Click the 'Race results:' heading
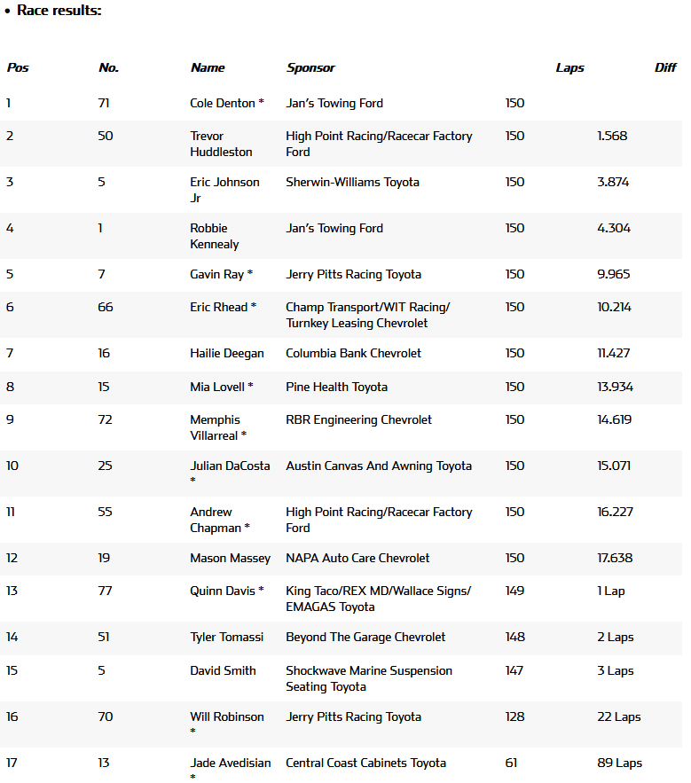[x=59, y=11]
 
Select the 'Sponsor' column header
[x=310, y=67]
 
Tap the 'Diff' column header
[x=665, y=67]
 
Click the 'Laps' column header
[x=569, y=67]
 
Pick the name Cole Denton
[x=223, y=103]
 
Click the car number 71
[x=104, y=103]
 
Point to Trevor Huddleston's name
[x=221, y=144]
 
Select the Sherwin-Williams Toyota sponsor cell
[x=352, y=182]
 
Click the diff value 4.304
[x=614, y=228]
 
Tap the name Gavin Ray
[x=217, y=274]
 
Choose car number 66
[x=106, y=307]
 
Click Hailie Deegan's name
[x=227, y=353]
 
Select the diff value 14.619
[x=614, y=419]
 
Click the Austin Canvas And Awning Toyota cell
[x=379, y=466]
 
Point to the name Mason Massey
[x=231, y=558]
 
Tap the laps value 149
[x=514, y=591]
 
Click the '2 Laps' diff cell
[x=616, y=637]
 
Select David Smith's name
[x=223, y=670]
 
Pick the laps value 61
[x=511, y=763]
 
